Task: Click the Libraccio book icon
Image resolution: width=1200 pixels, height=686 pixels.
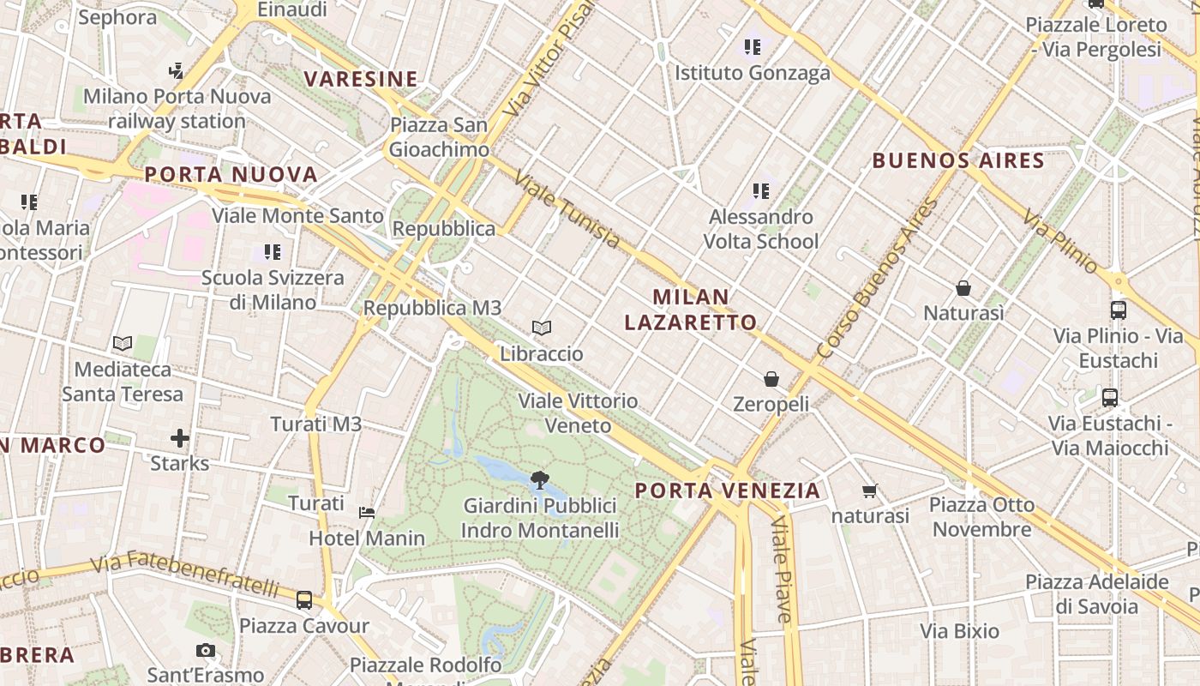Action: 541,328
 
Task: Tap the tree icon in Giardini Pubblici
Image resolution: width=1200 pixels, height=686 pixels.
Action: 540,479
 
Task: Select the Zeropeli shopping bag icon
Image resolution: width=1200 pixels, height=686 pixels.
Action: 771,378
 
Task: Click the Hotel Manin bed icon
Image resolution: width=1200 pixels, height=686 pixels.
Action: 367,513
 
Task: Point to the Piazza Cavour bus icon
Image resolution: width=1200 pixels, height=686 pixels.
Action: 304,600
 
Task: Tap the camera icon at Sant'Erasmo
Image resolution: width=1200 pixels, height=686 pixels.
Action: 205,650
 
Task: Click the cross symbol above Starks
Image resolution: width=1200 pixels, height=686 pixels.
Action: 179,439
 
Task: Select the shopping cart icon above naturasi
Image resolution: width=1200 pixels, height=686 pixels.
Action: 870,491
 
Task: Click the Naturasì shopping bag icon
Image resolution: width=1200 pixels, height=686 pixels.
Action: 963,288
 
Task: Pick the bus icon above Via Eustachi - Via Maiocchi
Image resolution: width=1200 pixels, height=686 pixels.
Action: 1110,398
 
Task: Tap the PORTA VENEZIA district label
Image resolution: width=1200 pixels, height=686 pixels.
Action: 728,491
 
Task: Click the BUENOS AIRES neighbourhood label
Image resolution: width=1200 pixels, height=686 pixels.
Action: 958,160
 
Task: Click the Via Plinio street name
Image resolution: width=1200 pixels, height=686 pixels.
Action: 1059,241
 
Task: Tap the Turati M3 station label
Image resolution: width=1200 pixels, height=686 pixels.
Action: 316,424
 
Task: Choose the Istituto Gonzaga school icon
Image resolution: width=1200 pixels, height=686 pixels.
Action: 753,47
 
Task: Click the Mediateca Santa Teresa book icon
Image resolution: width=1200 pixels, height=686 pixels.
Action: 123,344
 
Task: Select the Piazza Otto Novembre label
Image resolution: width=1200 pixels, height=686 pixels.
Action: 982,517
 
